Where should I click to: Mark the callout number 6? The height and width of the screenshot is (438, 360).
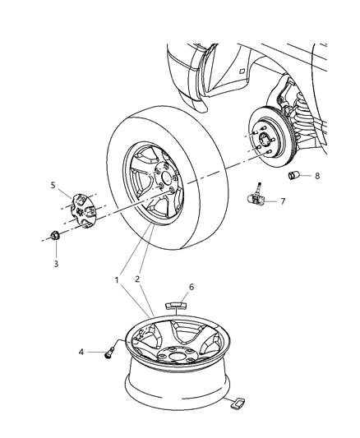coord(192,288)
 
